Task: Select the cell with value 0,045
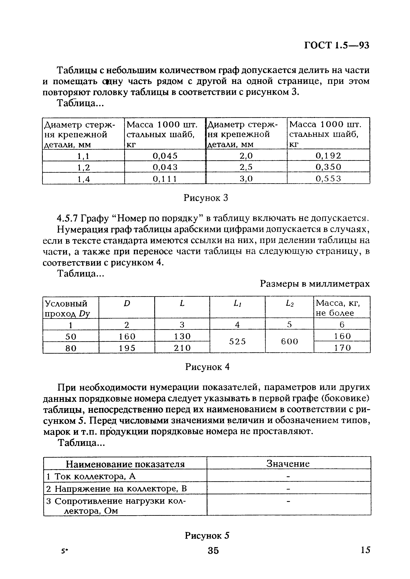coord(165,156)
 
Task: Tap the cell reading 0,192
coord(328,156)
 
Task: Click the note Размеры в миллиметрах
coord(315,284)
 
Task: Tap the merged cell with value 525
coord(237,341)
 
